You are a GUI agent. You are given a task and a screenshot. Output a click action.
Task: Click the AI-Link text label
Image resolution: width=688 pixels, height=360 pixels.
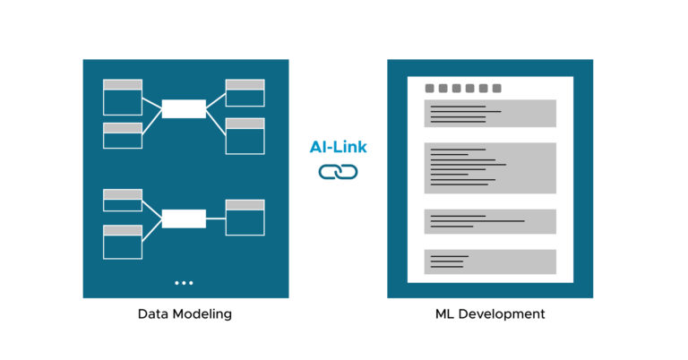[x=338, y=148]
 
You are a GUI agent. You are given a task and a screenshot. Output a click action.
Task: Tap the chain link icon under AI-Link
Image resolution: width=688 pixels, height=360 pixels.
[x=338, y=171]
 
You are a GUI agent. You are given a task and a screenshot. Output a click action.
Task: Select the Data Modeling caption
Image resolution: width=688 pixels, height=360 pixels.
[x=185, y=314]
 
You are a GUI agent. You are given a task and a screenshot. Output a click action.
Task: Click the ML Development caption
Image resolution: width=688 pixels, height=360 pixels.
[x=489, y=314]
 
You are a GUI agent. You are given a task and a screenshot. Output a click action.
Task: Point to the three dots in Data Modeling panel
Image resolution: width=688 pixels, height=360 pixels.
[x=184, y=283]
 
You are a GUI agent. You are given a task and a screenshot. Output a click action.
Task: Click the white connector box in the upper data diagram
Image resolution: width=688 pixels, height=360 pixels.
[x=184, y=108]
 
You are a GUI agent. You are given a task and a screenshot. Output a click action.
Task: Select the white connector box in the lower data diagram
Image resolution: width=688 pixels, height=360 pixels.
[x=184, y=219]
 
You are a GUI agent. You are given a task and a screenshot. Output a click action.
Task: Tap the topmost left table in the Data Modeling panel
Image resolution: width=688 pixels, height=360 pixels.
[x=123, y=98]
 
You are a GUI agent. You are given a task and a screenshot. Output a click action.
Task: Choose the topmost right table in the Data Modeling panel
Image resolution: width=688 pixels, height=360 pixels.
[x=245, y=93]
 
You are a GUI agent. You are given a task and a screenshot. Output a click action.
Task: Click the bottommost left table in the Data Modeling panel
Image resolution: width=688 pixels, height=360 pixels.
[x=123, y=242]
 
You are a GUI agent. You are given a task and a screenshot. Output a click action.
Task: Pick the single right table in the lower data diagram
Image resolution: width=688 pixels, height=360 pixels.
[x=245, y=218]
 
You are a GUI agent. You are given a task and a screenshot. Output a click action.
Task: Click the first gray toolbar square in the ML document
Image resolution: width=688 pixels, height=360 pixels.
[x=430, y=89]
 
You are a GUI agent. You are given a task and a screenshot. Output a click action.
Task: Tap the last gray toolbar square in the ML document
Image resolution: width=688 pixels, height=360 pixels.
[x=496, y=89]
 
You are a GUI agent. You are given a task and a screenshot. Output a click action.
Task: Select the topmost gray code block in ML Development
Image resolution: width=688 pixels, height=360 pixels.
[x=490, y=114]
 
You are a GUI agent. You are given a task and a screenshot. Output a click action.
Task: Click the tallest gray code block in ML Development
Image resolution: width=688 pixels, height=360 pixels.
[x=490, y=167]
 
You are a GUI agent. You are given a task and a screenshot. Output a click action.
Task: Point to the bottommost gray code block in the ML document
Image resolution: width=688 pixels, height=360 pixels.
[x=490, y=261]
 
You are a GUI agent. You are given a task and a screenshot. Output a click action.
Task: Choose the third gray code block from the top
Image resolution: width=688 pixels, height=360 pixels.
[x=490, y=221]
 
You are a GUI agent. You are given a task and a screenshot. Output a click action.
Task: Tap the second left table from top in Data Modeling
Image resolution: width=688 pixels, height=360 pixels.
[x=123, y=135]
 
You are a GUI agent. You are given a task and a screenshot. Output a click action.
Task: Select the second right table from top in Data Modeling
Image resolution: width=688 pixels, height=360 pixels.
[x=245, y=135]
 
